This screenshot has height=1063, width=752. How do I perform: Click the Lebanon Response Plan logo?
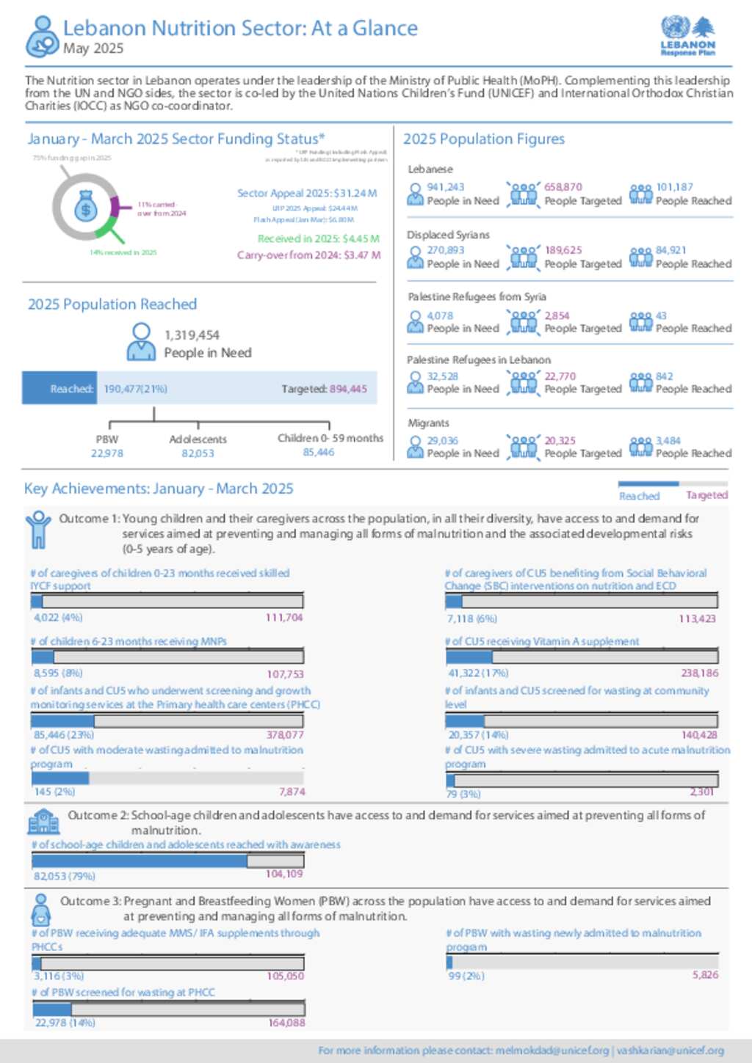coord(687,36)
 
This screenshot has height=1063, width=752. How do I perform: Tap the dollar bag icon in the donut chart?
coord(86,208)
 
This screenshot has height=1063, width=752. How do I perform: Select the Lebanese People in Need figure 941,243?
coord(446,187)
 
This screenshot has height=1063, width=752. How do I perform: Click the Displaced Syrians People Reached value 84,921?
coord(670,250)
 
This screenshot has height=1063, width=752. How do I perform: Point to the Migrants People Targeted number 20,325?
coord(560,441)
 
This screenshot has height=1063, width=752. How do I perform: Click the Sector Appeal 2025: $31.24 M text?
coord(307,193)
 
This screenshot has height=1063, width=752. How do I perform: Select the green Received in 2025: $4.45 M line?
coord(318,238)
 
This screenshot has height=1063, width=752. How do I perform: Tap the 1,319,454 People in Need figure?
coord(192,335)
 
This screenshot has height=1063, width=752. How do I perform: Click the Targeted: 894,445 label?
coord(324,389)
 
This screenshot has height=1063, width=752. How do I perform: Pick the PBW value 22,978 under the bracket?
coord(107,453)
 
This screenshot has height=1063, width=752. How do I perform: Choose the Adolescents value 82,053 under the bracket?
coord(198,453)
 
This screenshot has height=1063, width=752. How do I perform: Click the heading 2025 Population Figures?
coord(484,139)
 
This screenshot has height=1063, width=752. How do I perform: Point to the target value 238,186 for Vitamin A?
coord(700,673)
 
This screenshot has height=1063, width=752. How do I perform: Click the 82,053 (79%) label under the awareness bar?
coord(65,876)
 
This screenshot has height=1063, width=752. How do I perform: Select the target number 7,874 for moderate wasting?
coord(292,792)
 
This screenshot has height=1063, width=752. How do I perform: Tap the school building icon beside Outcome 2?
coord(43,822)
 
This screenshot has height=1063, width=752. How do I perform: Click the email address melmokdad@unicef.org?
coord(552,1051)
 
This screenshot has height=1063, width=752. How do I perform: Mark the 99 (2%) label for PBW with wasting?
coord(466,976)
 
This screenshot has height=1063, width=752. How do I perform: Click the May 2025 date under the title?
coord(93,48)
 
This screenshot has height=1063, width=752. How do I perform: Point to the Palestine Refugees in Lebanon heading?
coord(479,360)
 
